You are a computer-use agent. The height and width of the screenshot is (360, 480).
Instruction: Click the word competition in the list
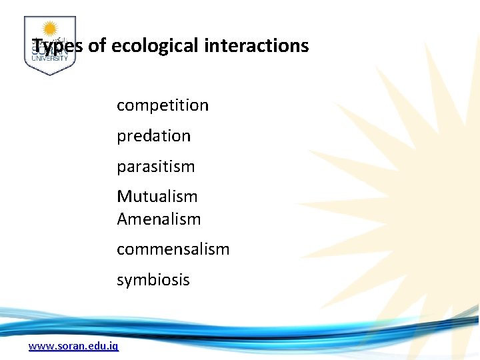pos(163,105)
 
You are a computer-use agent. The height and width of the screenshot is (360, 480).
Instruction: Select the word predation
pos(153,136)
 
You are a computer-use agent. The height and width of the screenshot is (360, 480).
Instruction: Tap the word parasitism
pos(155,167)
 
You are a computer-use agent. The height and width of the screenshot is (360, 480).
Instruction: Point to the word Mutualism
pos(157,197)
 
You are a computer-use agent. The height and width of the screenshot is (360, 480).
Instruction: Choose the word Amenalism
pos(159,219)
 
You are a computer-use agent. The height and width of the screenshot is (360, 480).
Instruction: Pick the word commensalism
pos(173,249)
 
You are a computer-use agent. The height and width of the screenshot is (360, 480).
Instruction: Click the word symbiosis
pos(153,280)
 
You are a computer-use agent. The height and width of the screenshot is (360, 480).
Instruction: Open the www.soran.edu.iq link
pos(73,346)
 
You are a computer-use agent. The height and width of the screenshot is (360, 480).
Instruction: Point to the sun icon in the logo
pos(49,29)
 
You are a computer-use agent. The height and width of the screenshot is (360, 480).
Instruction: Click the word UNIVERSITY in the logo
pos(49,59)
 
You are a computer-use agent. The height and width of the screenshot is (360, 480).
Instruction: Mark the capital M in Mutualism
pos(124,197)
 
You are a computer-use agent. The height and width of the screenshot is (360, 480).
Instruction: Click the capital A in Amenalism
pos(123,219)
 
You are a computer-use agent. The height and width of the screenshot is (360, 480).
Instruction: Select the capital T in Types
pos(37,46)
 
